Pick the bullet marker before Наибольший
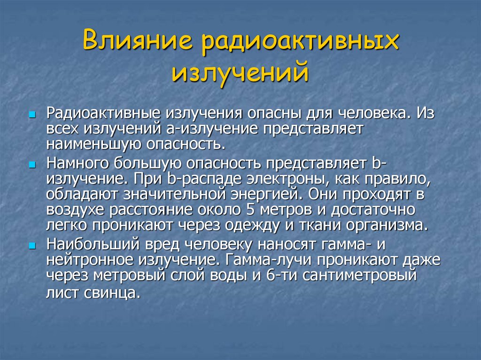32,246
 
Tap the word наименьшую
91,143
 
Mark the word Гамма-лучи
268,260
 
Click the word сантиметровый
359,275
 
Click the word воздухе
75,209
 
